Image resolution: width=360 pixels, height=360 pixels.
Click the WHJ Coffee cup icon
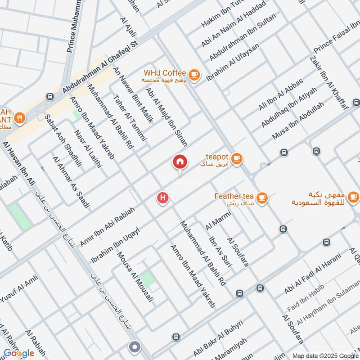pos(194,75)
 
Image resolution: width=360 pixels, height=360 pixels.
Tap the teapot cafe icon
pos(237,158)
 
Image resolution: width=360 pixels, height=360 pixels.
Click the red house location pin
pos(180,162)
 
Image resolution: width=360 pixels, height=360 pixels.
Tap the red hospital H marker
pos(163,198)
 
